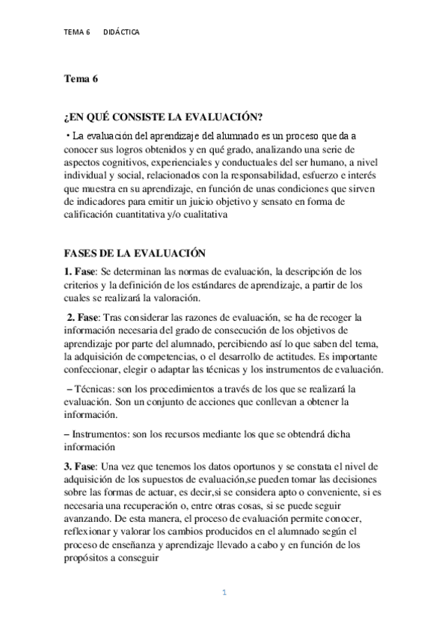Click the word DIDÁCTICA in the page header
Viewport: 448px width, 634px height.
coord(120,33)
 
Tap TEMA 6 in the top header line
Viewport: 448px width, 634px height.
coord(77,33)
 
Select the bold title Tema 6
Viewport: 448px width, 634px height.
coord(80,78)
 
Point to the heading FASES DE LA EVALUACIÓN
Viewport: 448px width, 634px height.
coord(135,254)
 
